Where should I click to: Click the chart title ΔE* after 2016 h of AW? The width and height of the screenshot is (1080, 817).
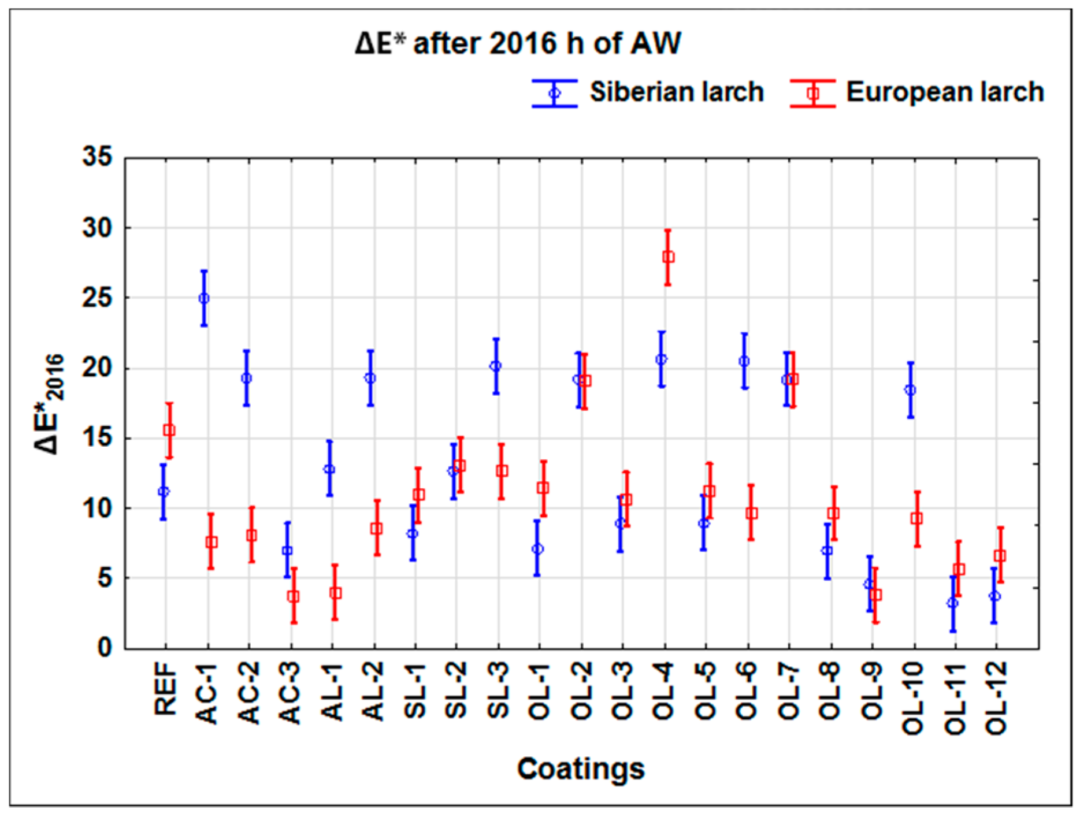518,43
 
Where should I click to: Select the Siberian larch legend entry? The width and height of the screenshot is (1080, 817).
647,92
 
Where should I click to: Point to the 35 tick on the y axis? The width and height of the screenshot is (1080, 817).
97,157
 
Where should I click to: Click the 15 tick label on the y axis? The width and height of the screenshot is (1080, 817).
97,438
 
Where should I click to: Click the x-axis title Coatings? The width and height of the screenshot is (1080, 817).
580,769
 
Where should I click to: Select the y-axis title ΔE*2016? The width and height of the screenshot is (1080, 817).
49,404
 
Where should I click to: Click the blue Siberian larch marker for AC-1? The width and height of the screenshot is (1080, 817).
204,298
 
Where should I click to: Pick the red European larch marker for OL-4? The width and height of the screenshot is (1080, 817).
668,257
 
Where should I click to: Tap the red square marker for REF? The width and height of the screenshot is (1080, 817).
169,430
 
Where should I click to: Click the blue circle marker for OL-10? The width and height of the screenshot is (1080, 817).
910,390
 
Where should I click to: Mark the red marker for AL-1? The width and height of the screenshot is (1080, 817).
335,593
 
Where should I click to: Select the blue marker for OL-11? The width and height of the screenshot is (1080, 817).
953,603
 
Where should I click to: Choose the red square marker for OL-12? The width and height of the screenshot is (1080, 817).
1000,556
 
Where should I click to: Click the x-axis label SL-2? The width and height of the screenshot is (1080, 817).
457,691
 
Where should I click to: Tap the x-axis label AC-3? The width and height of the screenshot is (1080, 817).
291,694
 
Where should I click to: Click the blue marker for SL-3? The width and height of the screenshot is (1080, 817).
496,366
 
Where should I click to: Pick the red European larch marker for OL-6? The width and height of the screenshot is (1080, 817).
751,513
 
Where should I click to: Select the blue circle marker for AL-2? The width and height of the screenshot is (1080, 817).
370,378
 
